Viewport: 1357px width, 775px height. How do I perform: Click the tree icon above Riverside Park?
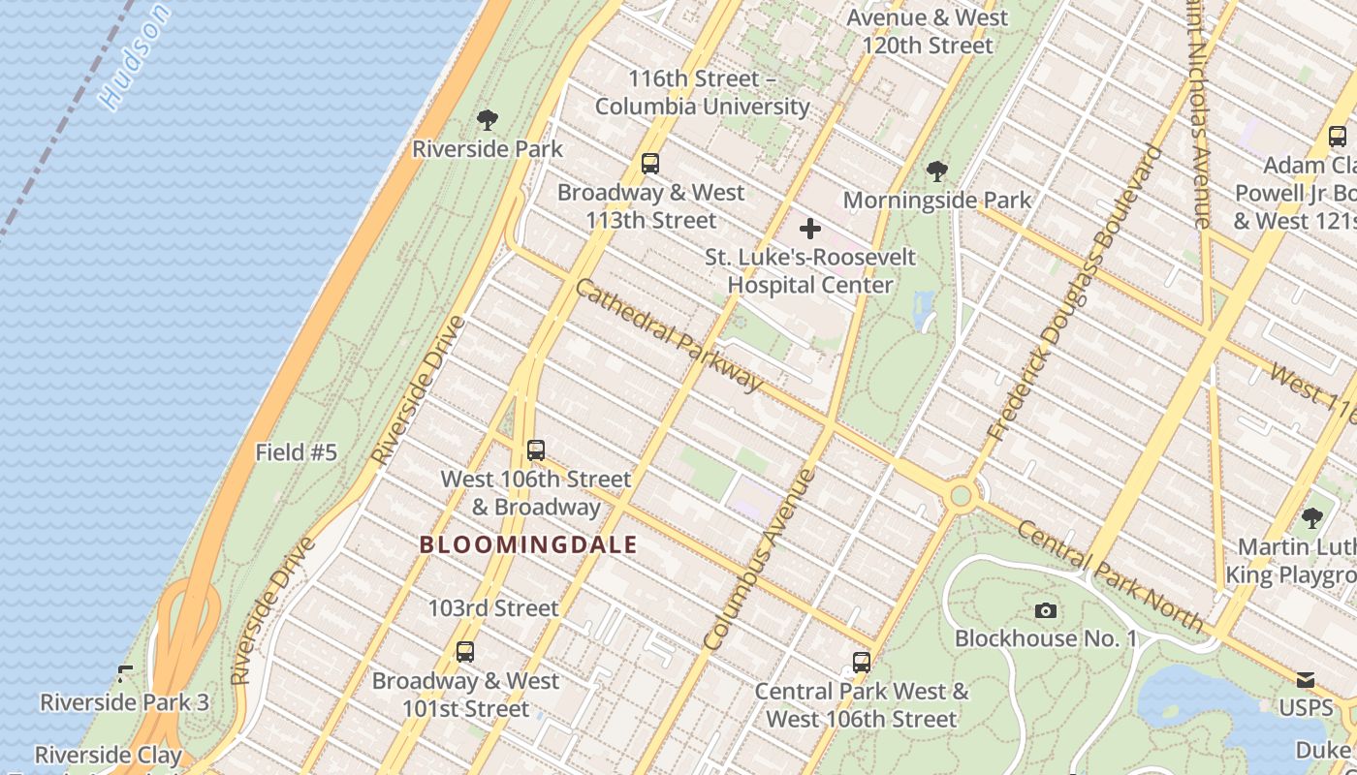488,120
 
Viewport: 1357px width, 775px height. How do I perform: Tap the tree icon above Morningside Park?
936,171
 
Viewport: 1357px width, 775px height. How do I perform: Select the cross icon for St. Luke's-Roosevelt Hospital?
809,230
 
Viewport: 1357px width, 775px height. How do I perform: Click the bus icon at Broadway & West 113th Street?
650,164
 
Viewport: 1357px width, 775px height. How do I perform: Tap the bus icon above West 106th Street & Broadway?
535,450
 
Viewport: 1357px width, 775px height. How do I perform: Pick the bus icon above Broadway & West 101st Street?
465,652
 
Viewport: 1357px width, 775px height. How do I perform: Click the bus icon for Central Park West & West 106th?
861,663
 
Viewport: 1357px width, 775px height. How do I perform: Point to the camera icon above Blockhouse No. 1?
1045,610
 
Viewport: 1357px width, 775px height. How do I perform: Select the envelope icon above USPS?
1306,680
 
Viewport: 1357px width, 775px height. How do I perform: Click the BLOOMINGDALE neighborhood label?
528,545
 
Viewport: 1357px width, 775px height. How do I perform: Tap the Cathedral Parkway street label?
669,334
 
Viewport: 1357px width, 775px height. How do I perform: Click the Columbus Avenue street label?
759,559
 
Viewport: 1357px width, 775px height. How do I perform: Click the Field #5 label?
296,452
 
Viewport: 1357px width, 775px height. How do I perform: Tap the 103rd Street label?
493,608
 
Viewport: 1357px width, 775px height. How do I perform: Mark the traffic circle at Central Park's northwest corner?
961,496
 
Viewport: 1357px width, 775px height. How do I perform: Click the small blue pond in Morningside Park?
923,308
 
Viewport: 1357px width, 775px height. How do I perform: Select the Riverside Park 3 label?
124,702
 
